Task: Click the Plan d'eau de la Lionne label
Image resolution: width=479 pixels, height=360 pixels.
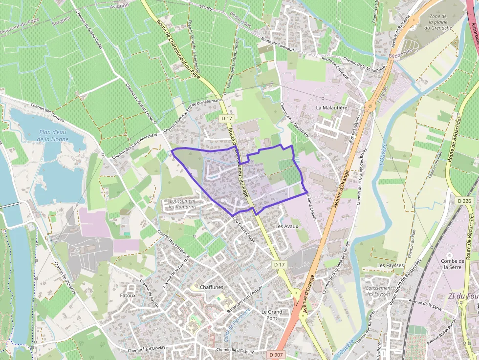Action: tap(53, 135)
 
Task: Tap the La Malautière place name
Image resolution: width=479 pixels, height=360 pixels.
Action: tap(331, 107)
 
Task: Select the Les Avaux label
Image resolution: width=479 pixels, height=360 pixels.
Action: tap(286, 227)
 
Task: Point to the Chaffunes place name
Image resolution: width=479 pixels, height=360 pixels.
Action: tap(211, 287)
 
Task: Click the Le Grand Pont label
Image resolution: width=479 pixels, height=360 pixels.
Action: tap(272, 315)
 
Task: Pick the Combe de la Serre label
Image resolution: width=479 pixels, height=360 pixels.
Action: tap(452, 264)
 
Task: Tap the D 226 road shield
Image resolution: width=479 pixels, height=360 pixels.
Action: tap(466, 201)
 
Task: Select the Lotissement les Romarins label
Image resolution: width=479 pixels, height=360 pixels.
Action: tap(183, 204)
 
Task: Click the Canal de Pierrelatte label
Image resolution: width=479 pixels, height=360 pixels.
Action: tap(234, 320)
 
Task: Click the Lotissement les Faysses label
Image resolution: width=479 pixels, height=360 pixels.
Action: tap(379, 291)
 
